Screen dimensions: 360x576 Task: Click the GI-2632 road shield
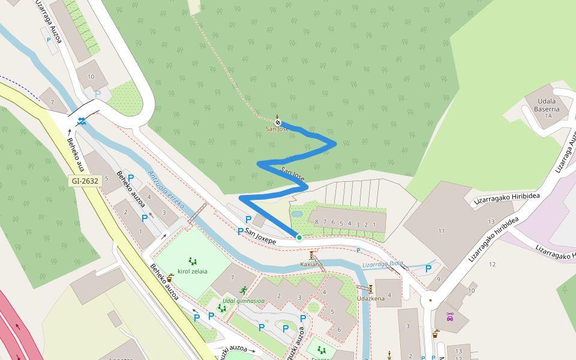click(84, 180)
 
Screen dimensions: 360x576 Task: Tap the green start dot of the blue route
click(299, 238)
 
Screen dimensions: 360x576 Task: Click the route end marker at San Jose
click(278, 123)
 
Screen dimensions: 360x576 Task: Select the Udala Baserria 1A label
click(547, 109)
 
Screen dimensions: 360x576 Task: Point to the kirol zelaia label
click(193, 271)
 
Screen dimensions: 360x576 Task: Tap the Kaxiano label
click(311, 264)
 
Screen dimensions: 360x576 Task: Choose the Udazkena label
click(370, 298)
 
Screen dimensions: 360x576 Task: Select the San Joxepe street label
click(260, 235)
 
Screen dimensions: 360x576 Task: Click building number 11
click(442, 231)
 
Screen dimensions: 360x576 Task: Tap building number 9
click(439, 278)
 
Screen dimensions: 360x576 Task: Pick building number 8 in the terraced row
click(316, 222)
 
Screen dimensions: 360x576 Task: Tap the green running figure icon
click(242, 289)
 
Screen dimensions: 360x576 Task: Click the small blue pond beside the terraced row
click(296, 214)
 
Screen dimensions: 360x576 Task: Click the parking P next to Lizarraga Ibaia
click(428, 269)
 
